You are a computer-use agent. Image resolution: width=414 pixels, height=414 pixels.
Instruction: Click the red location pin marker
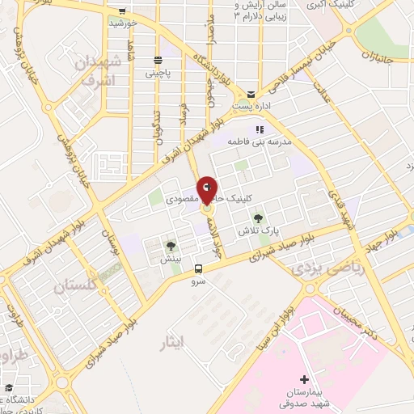[x=207, y=192]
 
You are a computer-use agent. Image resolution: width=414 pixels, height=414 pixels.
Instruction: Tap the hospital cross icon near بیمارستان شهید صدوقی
[x=304, y=379]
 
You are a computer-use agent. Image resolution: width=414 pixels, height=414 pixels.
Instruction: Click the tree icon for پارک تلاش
[x=258, y=218]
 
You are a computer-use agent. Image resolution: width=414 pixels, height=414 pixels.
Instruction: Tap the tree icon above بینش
[x=171, y=246]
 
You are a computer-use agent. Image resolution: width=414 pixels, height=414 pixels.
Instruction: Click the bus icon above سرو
[x=199, y=269]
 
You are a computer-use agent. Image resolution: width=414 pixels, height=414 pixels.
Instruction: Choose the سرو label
[x=199, y=281]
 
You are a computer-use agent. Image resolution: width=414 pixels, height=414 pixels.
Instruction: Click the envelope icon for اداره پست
[x=252, y=94]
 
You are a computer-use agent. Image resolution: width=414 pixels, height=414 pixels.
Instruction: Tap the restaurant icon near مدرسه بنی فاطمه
[x=259, y=129]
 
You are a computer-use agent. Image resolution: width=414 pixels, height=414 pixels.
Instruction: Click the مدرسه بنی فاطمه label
[x=257, y=142]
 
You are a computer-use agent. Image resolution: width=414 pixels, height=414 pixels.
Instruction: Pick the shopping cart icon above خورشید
[x=122, y=11]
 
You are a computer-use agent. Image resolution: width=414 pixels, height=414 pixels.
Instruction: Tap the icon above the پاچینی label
[x=158, y=60]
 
